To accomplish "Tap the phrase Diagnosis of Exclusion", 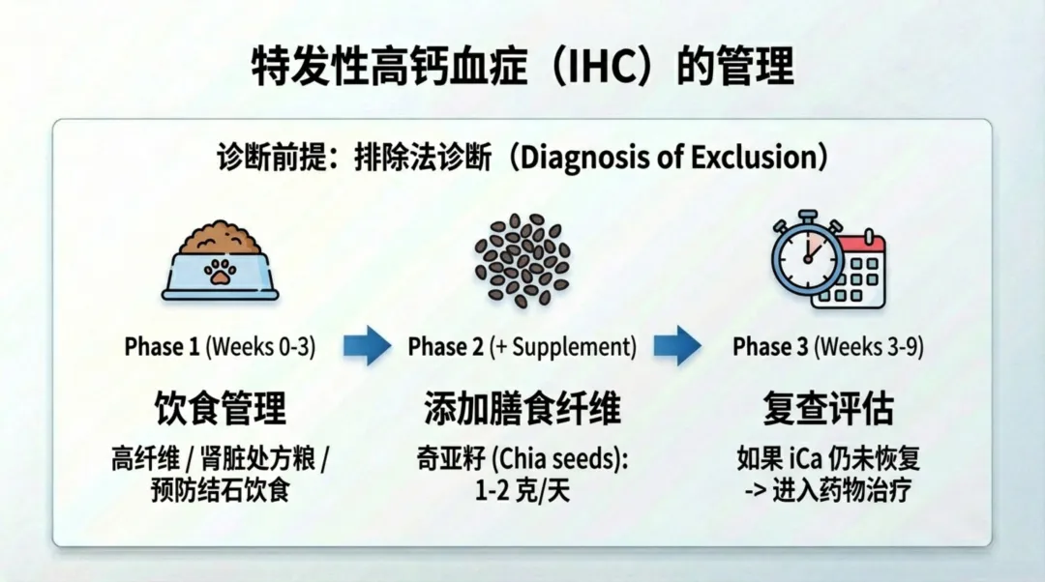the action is tap(667, 158).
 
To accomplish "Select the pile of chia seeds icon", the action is tap(522, 259).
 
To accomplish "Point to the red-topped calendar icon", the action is tap(850, 272).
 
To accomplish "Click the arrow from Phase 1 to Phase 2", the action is tap(367, 345).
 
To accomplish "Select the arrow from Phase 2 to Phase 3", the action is tap(677, 345).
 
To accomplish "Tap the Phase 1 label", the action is tap(162, 346).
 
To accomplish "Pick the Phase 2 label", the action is tap(445, 346).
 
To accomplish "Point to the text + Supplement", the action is tap(562, 346).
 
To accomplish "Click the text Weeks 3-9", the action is tap(868, 346).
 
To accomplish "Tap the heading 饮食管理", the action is tap(221, 409).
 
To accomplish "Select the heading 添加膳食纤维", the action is tap(522, 409).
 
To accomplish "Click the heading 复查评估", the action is tap(827, 409).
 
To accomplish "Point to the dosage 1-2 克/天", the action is tap(522, 490).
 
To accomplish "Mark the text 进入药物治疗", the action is tap(841, 490).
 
